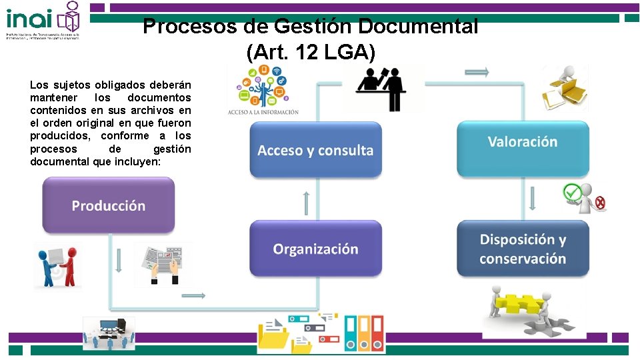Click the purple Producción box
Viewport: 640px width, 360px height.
(109, 205)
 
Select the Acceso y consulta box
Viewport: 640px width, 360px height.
(315, 150)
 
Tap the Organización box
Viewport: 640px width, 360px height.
(315, 249)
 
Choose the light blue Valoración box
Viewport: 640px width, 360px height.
(523, 141)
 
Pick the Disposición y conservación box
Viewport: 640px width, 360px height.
(523, 249)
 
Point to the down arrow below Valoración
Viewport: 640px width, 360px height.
(533, 199)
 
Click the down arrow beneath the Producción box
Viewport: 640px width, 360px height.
(118, 261)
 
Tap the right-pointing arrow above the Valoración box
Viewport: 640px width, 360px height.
(477, 72)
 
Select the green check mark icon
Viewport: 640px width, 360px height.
(572, 192)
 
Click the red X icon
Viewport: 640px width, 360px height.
(600, 203)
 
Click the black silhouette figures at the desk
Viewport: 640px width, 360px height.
(383, 87)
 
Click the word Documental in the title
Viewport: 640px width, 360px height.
(435, 27)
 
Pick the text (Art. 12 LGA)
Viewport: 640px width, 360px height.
(311, 52)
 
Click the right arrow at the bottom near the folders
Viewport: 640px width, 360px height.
(193, 295)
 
